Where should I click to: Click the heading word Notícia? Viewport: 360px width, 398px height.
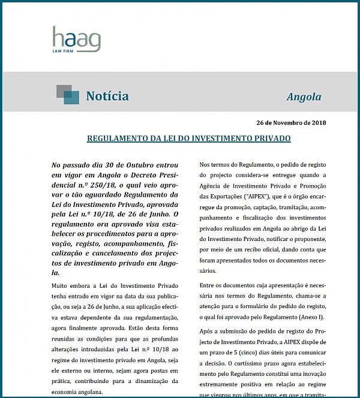pos(107,96)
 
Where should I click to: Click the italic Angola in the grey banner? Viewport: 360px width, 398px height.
pos(304,97)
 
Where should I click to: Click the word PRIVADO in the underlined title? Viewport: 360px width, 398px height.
pos(271,138)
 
